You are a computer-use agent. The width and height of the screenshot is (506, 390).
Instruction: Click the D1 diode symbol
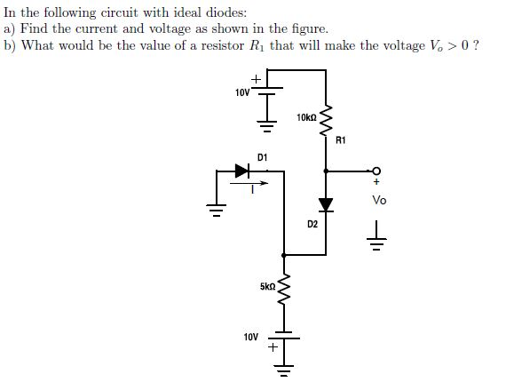(242, 170)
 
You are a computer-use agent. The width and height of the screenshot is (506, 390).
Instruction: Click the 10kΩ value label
(306, 117)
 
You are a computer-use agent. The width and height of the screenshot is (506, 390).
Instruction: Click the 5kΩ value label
(267, 287)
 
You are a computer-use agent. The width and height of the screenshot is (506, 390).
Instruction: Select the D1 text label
(262, 156)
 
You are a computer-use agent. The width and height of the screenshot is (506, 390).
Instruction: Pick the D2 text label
(312, 223)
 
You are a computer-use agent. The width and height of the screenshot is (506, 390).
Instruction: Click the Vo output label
(379, 200)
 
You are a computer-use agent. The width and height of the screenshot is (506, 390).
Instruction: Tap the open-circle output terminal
(376, 171)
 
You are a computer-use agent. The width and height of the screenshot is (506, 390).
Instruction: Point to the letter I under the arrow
(253, 195)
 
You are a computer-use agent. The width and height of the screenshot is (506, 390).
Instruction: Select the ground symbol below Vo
(378, 238)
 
